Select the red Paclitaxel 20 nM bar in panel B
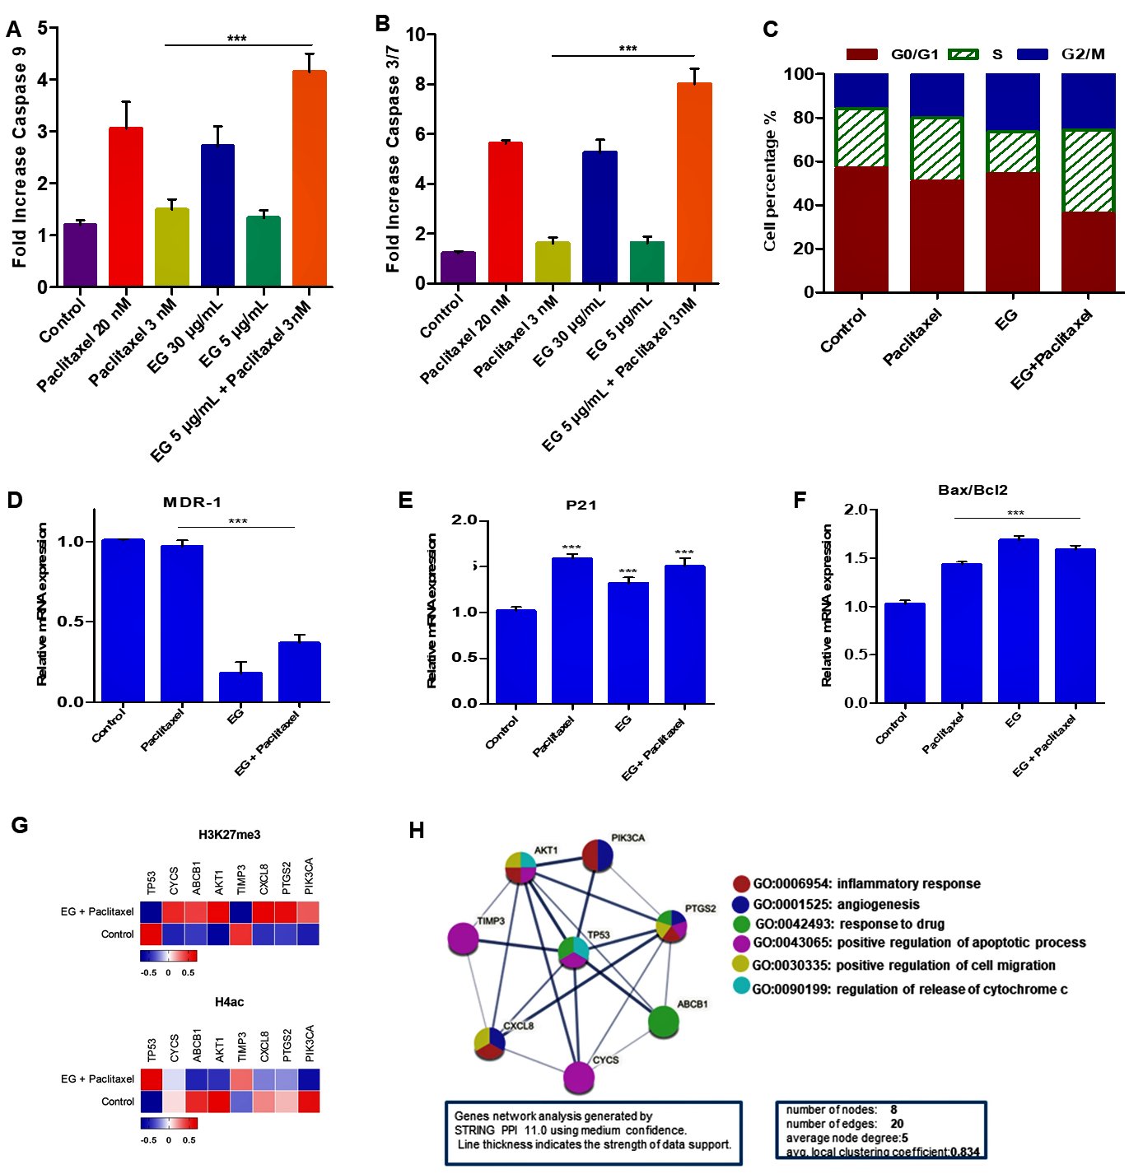pyautogui.click(x=505, y=213)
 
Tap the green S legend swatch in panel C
pyautogui.click(x=963, y=54)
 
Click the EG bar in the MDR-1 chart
pyautogui.click(x=240, y=687)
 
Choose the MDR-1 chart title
pyautogui.click(x=192, y=502)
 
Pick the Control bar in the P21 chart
pyautogui.click(x=516, y=656)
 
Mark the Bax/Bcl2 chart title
pyautogui.click(x=973, y=490)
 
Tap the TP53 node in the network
pyautogui.click(x=573, y=953)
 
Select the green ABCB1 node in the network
pyautogui.click(x=663, y=1022)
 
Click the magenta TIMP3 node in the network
pyautogui.click(x=464, y=939)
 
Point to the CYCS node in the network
pyautogui.click(x=579, y=1077)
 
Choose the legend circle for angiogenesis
pyautogui.click(x=741, y=904)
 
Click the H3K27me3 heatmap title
pyautogui.click(x=229, y=835)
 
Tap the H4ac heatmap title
pyautogui.click(x=229, y=1002)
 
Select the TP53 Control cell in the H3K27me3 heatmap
pyautogui.click(x=151, y=934)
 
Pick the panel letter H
pyautogui.click(x=417, y=830)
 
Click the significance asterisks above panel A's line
pyautogui.click(x=237, y=39)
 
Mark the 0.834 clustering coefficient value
pyautogui.click(x=964, y=1152)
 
